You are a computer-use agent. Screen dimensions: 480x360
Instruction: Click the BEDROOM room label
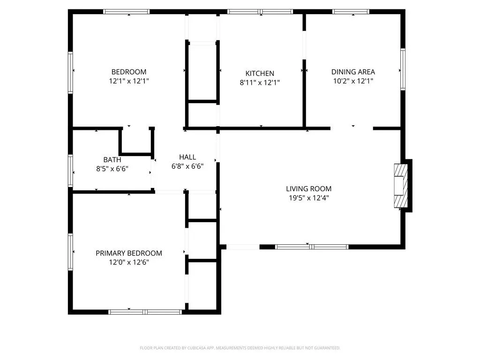[x=129, y=72]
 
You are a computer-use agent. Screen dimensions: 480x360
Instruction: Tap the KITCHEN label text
[x=260, y=74]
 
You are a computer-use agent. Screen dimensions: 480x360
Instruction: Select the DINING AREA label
[x=353, y=72]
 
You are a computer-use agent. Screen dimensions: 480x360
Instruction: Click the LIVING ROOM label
[x=308, y=189]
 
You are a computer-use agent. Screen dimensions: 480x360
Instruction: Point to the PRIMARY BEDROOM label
[x=129, y=253]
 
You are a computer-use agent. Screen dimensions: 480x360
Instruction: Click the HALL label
[x=187, y=157]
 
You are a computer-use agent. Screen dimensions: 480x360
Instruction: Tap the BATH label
[x=112, y=160]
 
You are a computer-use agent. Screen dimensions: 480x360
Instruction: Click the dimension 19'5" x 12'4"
[x=308, y=198]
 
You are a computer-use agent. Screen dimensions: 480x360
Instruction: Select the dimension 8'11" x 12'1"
[x=260, y=82]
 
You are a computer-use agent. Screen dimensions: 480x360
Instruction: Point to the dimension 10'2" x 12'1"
[x=353, y=81]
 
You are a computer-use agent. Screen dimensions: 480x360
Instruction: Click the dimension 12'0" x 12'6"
[x=129, y=262]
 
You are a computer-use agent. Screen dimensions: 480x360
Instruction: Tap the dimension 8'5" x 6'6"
[x=112, y=169]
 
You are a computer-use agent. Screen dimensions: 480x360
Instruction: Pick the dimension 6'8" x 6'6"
[x=187, y=166]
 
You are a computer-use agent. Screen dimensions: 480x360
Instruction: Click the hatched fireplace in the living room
[x=401, y=186]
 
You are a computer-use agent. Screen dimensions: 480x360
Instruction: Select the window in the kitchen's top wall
[x=260, y=12]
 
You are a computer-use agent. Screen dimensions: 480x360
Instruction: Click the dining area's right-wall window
[x=403, y=69]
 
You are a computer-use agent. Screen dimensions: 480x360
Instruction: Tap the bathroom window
[x=70, y=171]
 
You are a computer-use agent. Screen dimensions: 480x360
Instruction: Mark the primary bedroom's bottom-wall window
[x=145, y=312]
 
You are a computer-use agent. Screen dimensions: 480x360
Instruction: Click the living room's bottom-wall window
[x=312, y=247]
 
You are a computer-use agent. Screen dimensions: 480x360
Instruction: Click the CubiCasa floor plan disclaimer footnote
[x=240, y=348]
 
